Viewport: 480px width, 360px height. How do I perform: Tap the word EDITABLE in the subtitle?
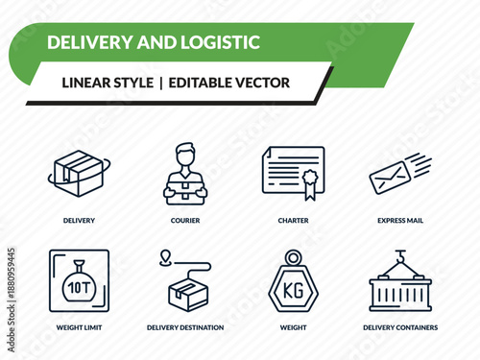199,83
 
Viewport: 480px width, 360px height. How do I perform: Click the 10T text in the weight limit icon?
76,286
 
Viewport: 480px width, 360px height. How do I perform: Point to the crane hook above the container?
399,257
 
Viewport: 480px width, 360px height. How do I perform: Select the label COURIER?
185,220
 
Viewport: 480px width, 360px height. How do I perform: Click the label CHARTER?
293,220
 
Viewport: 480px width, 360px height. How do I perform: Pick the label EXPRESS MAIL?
400,220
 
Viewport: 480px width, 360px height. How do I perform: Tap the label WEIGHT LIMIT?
79,327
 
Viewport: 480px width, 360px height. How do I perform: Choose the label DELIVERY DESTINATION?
185,327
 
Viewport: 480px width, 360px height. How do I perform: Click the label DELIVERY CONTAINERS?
400,327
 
